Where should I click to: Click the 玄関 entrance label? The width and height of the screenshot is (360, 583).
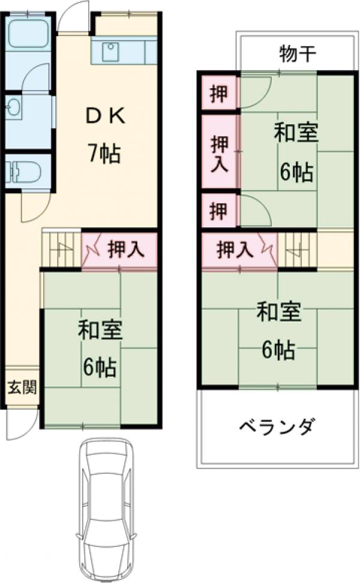pos(22,387)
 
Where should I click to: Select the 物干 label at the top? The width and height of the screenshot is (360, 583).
pos(297,55)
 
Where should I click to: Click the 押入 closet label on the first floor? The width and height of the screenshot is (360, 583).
pos(125,249)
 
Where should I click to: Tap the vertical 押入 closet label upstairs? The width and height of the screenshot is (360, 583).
pos(220,154)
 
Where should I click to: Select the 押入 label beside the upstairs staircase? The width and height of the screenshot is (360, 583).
pos(234,250)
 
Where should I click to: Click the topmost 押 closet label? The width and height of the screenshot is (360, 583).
pos(219,94)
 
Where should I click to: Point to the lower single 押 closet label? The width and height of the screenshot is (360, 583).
pos(219,211)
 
